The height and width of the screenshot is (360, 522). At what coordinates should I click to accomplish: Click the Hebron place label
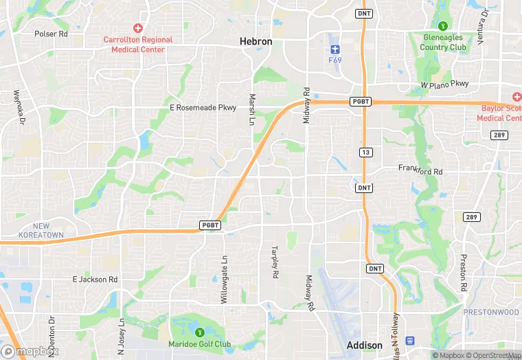(256, 42)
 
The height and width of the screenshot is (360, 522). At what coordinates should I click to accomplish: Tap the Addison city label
(365, 345)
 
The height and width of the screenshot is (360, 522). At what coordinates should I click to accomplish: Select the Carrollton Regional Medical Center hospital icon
(138, 28)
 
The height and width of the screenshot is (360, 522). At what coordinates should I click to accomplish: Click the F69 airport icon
(335, 49)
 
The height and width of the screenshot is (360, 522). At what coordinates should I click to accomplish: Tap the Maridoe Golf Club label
(200, 344)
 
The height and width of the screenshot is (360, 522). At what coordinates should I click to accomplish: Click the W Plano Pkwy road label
(444, 84)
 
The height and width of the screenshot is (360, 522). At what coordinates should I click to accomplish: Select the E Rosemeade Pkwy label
(203, 108)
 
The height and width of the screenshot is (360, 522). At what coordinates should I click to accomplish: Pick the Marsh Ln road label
(252, 109)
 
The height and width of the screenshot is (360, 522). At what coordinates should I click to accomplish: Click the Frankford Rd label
(420, 168)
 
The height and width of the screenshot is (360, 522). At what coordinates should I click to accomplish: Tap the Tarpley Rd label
(275, 262)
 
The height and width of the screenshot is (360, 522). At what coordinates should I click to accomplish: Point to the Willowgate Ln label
(224, 274)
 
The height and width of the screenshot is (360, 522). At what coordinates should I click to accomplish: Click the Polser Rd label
(51, 33)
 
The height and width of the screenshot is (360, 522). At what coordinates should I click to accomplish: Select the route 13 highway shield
(364, 151)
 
